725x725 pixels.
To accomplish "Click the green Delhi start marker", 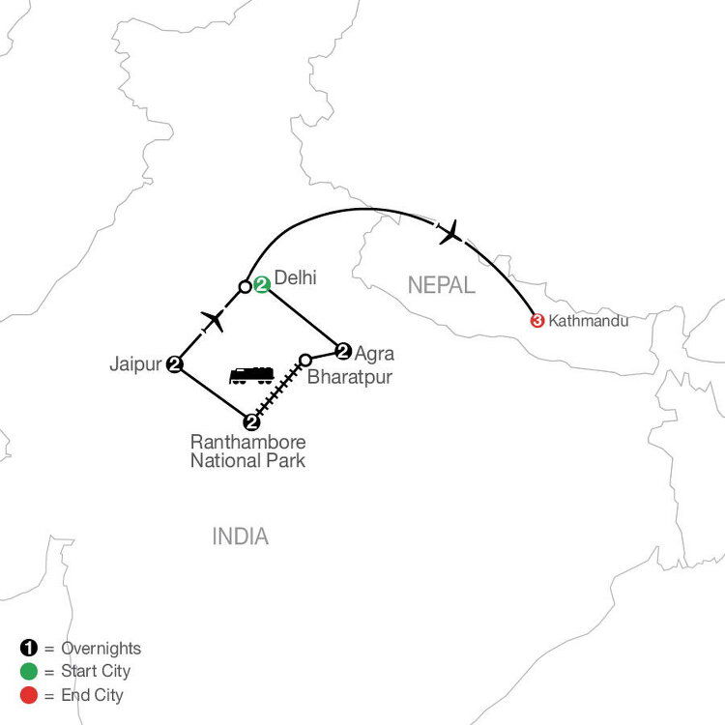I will (x=261, y=285).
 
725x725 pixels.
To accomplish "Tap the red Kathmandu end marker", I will (x=536, y=320).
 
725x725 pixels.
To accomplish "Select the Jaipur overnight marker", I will (x=175, y=363).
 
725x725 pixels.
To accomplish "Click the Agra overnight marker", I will (x=342, y=351).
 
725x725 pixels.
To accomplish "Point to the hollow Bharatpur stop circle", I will (x=305, y=360).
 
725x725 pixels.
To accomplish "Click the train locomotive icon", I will (x=251, y=374).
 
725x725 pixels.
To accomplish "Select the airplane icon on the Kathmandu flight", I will (x=449, y=232).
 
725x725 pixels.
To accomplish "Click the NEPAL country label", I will (x=441, y=285).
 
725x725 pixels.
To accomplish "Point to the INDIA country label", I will (x=241, y=536).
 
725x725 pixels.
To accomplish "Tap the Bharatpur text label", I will (x=350, y=377).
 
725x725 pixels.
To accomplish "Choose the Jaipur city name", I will (x=136, y=364).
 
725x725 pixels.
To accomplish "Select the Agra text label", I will (x=375, y=353).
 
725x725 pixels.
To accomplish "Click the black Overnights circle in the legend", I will (x=26, y=649).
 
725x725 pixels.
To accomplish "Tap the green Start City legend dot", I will (x=26, y=671).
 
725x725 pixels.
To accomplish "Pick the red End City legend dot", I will (x=26, y=694).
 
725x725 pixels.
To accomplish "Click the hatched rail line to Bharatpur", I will (x=278, y=391).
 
